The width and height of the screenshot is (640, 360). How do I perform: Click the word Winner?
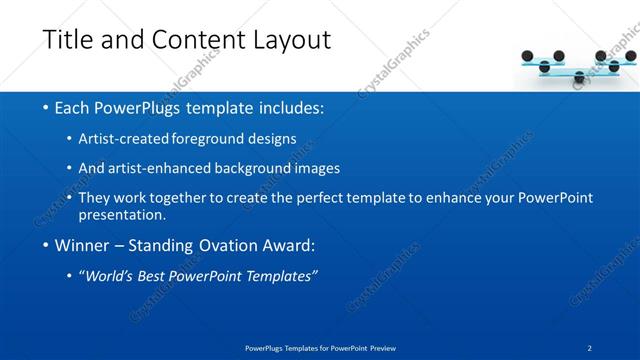pyautogui.click(x=83, y=246)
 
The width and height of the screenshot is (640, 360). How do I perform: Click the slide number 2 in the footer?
pyautogui.click(x=590, y=348)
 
